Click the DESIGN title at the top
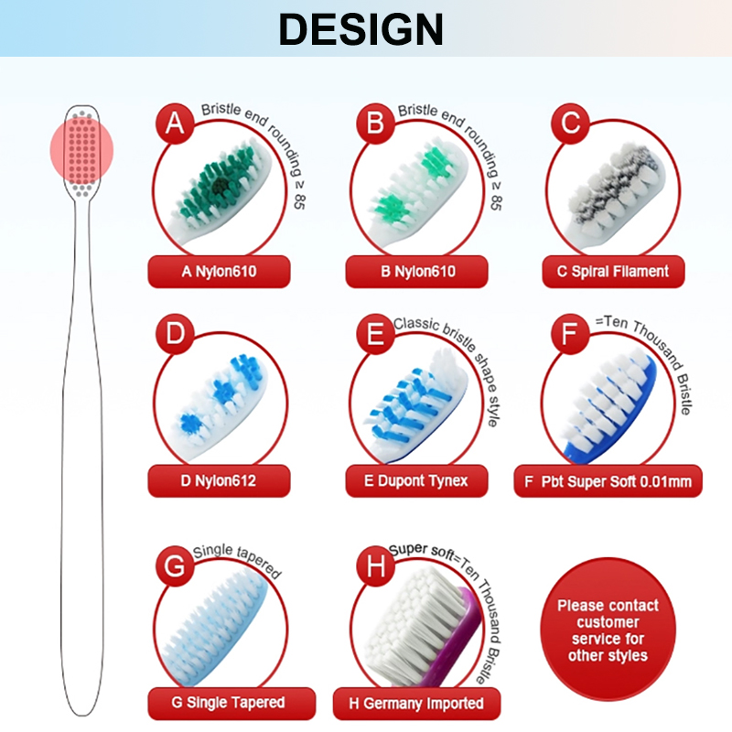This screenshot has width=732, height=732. coord(361,29)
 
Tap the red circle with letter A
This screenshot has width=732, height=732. coord(175,124)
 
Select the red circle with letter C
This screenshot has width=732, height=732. coord(570,124)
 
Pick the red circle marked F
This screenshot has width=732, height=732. coord(569,333)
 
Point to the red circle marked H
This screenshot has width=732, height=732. coord(375,565)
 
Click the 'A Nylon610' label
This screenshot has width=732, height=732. coord(219,271)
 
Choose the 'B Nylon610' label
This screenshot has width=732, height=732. coord(417,271)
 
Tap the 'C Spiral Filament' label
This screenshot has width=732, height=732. coord(613,271)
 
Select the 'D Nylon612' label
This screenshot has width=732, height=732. coord(219,481)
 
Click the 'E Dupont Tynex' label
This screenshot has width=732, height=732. coord(417,481)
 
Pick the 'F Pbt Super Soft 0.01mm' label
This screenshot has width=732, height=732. coord(608,481)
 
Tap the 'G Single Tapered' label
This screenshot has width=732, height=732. coord(231,703)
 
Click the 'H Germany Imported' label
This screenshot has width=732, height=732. coord(416,703)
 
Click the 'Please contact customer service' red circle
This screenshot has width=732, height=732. coord(608,630)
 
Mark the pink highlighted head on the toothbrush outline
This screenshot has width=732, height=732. coord(81,149)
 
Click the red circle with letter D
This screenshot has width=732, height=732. coord(175,333)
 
